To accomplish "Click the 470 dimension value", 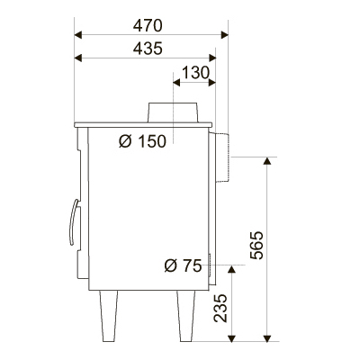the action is click(148, 25).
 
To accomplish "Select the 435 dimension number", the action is click(148, 49).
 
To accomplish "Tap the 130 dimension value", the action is click(195, 73).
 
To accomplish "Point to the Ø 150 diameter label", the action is click(142, 141).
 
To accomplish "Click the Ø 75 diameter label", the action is click(183, 265).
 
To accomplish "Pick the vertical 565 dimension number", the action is click(256, 245).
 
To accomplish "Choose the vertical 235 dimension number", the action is click(220, 308).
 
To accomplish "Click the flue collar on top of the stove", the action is click(173, 112).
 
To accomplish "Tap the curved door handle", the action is click(73, 222).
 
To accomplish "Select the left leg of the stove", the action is click(109, 316).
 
